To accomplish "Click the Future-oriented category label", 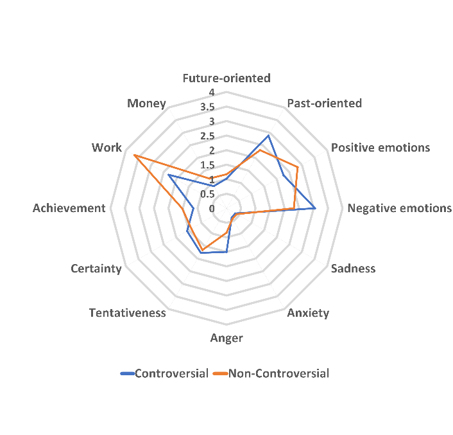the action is tap(226, 78).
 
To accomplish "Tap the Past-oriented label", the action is tap(324, 103).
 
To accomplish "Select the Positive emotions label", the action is tap(380, 148).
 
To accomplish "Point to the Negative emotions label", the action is tap(399, 208).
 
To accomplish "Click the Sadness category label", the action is tap(353, 269).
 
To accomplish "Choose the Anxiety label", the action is tap(308, 314).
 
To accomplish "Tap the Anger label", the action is tap(226, 338).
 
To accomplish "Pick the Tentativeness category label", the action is tap(127, 313).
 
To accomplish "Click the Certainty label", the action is tap(96, 269).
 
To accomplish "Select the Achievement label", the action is tap(69, 208).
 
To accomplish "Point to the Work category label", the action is tap(107, 148).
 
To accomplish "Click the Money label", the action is tap(146, 103).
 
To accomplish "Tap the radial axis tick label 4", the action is tap(211, 93).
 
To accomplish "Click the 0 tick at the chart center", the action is tap(212, 208).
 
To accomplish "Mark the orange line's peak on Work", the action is tap(133, 155).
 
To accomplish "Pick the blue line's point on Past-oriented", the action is tap(268, 136).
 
